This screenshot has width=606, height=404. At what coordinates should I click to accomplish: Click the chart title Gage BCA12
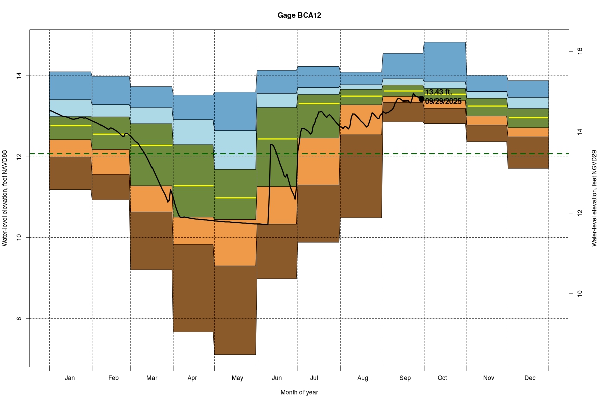point(299,15)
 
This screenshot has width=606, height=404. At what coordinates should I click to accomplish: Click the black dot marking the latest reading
point(421,98)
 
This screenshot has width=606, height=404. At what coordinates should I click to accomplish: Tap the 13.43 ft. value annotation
point(439,92)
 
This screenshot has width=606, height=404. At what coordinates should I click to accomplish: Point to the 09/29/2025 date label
point(443,101)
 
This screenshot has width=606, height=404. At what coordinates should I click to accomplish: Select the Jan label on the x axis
point(70,378)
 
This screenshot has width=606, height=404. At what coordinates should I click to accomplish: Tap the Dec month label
point(530,378)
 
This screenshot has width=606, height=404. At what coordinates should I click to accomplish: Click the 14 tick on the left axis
point(19,76)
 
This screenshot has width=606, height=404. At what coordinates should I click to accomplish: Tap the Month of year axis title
point(299,392)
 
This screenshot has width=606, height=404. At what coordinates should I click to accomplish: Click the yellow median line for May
point(235,198)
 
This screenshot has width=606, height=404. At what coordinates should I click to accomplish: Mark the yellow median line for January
point(71,125)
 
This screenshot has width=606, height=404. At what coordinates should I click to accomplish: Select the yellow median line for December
point(528,118)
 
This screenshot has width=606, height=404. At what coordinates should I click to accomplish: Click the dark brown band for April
point(193,288)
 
